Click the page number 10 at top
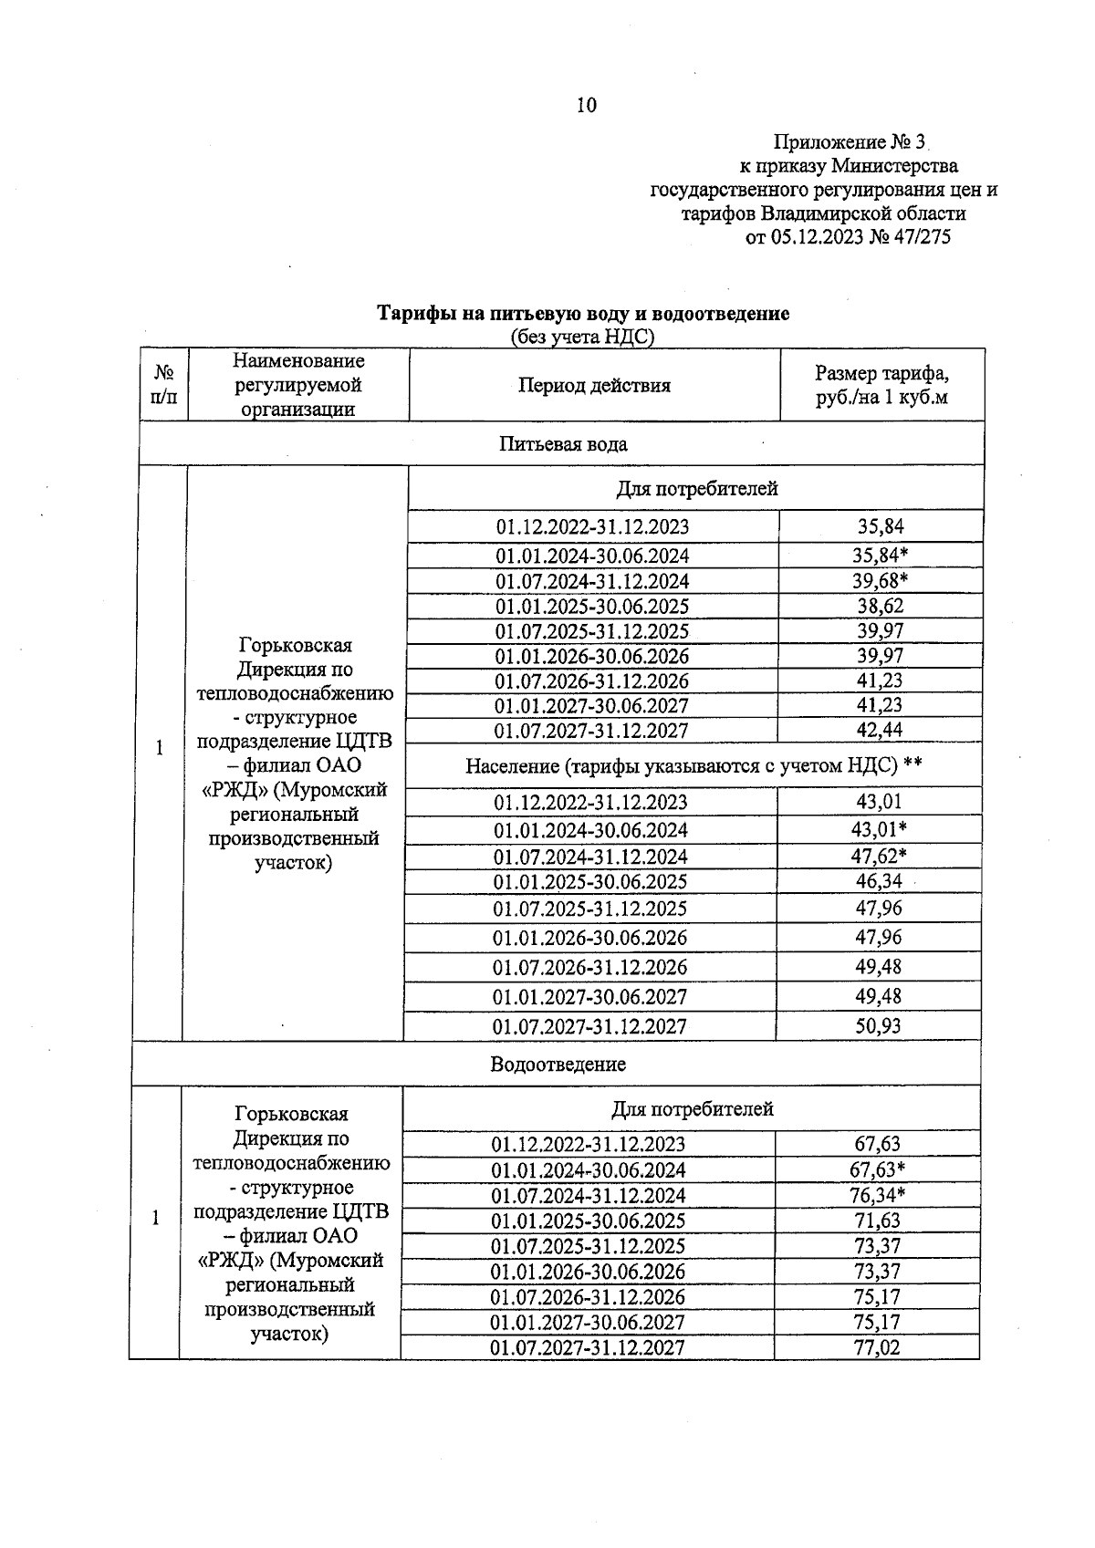tap(586, 106)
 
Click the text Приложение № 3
tap(849, 142)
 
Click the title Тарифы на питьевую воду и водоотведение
tap(584, 314)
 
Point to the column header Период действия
tap(594, 385)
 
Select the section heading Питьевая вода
tap(563, 444)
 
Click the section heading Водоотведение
tap(558, 1064)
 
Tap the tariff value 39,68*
tap(881, 581)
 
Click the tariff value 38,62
tap(880, 606)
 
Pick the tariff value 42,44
tap(880, 730)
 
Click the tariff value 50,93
tap(878, 1025)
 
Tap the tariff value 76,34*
tap(877, 1195)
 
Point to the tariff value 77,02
tap(876, 1346)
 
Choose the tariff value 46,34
tap(879, 881)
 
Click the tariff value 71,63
tap(876, 1221)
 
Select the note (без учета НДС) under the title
tap(582, 338)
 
